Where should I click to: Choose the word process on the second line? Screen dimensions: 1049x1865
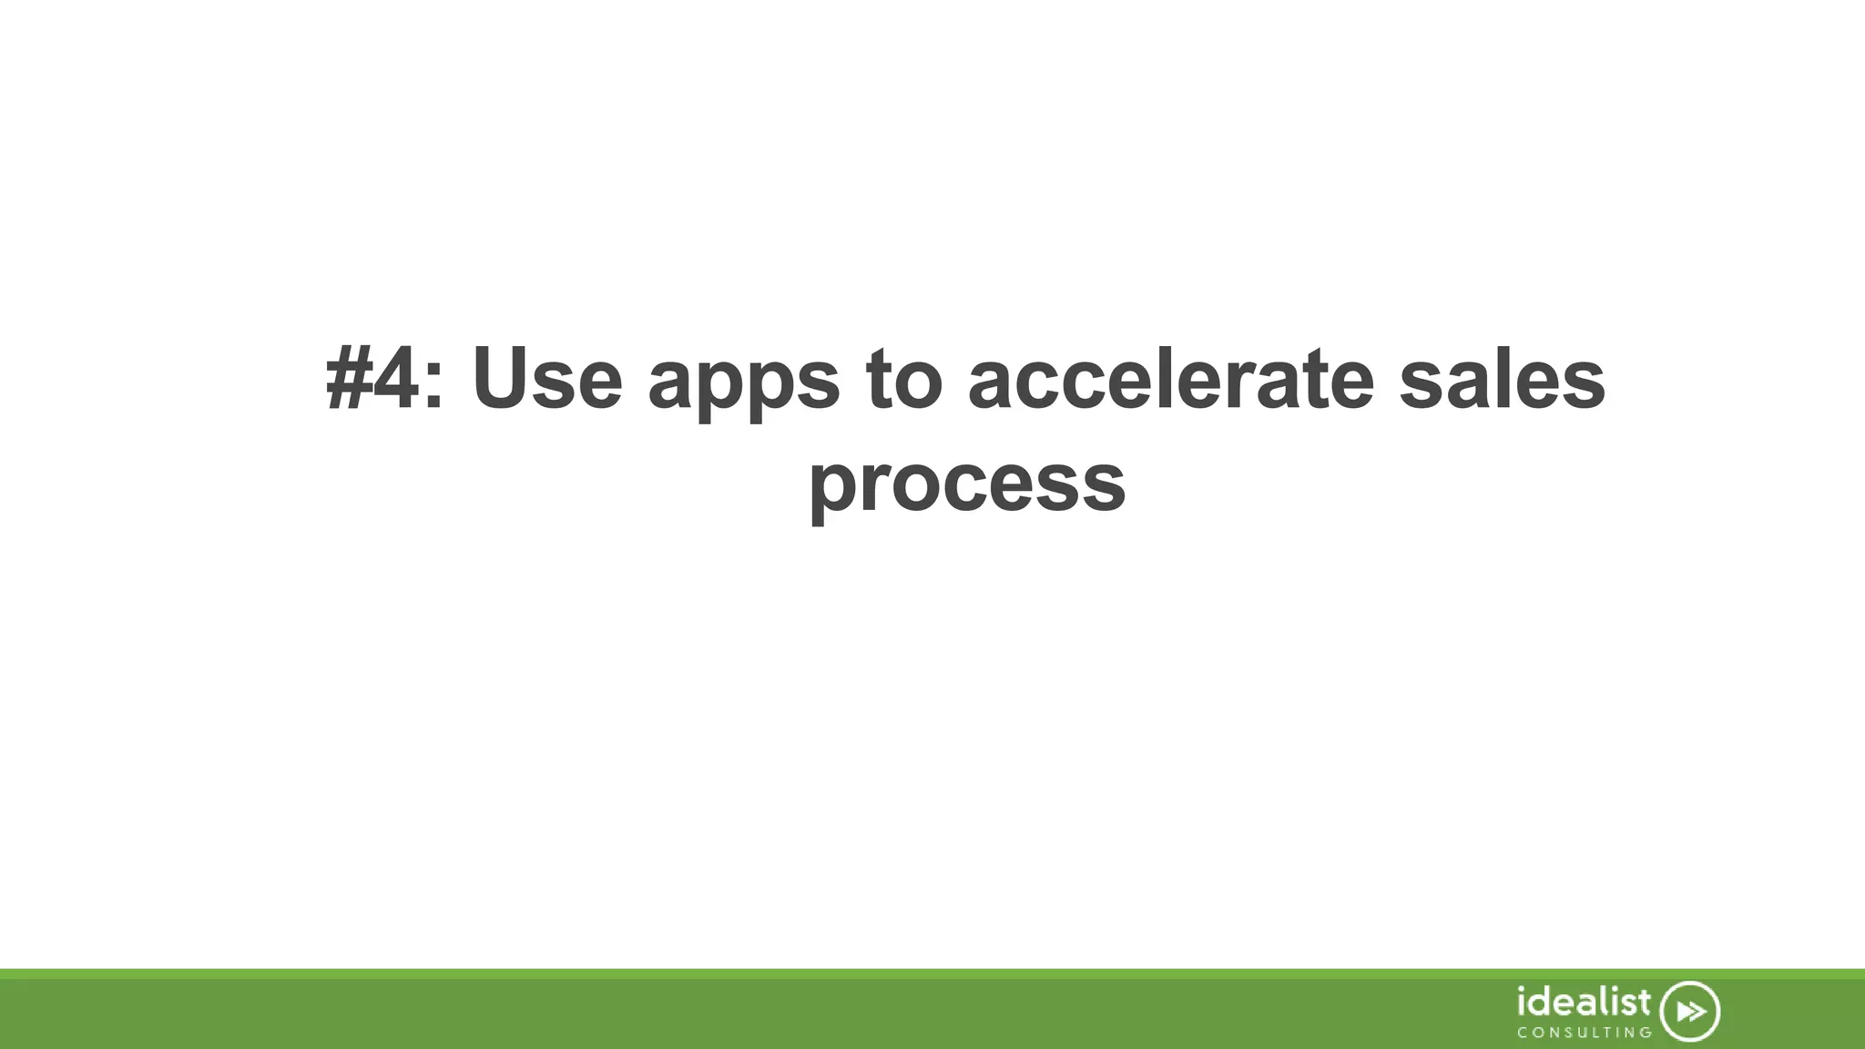[967, 484]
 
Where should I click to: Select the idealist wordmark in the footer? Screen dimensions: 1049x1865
[1584, 1003]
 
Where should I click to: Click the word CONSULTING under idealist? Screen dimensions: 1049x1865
[1584, 1033]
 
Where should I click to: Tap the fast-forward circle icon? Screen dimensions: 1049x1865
[1690, 1012]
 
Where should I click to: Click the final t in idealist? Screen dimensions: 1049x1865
[1644, 1003]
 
